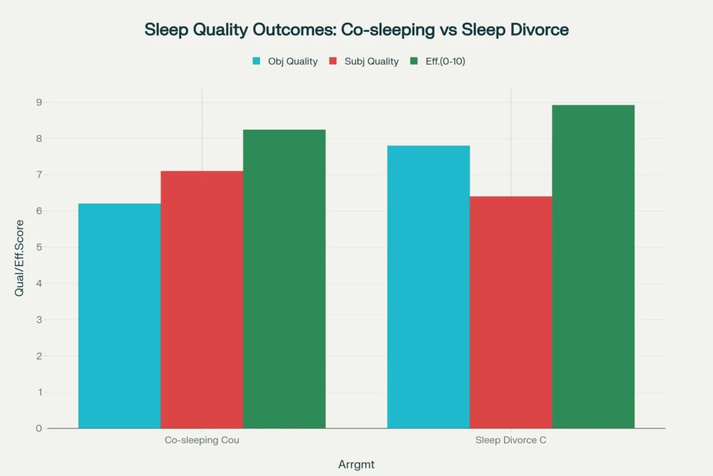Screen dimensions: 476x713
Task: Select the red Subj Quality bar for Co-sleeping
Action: pos(202,300)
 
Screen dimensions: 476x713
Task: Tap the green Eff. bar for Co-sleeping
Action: pos(284,279)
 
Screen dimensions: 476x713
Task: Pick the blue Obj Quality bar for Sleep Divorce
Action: pos(428,286)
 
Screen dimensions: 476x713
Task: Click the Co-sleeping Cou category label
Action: pos(202,440)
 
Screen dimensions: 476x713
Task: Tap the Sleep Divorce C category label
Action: pos(511,440)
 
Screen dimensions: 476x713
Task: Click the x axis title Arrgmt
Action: pos(356,463)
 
